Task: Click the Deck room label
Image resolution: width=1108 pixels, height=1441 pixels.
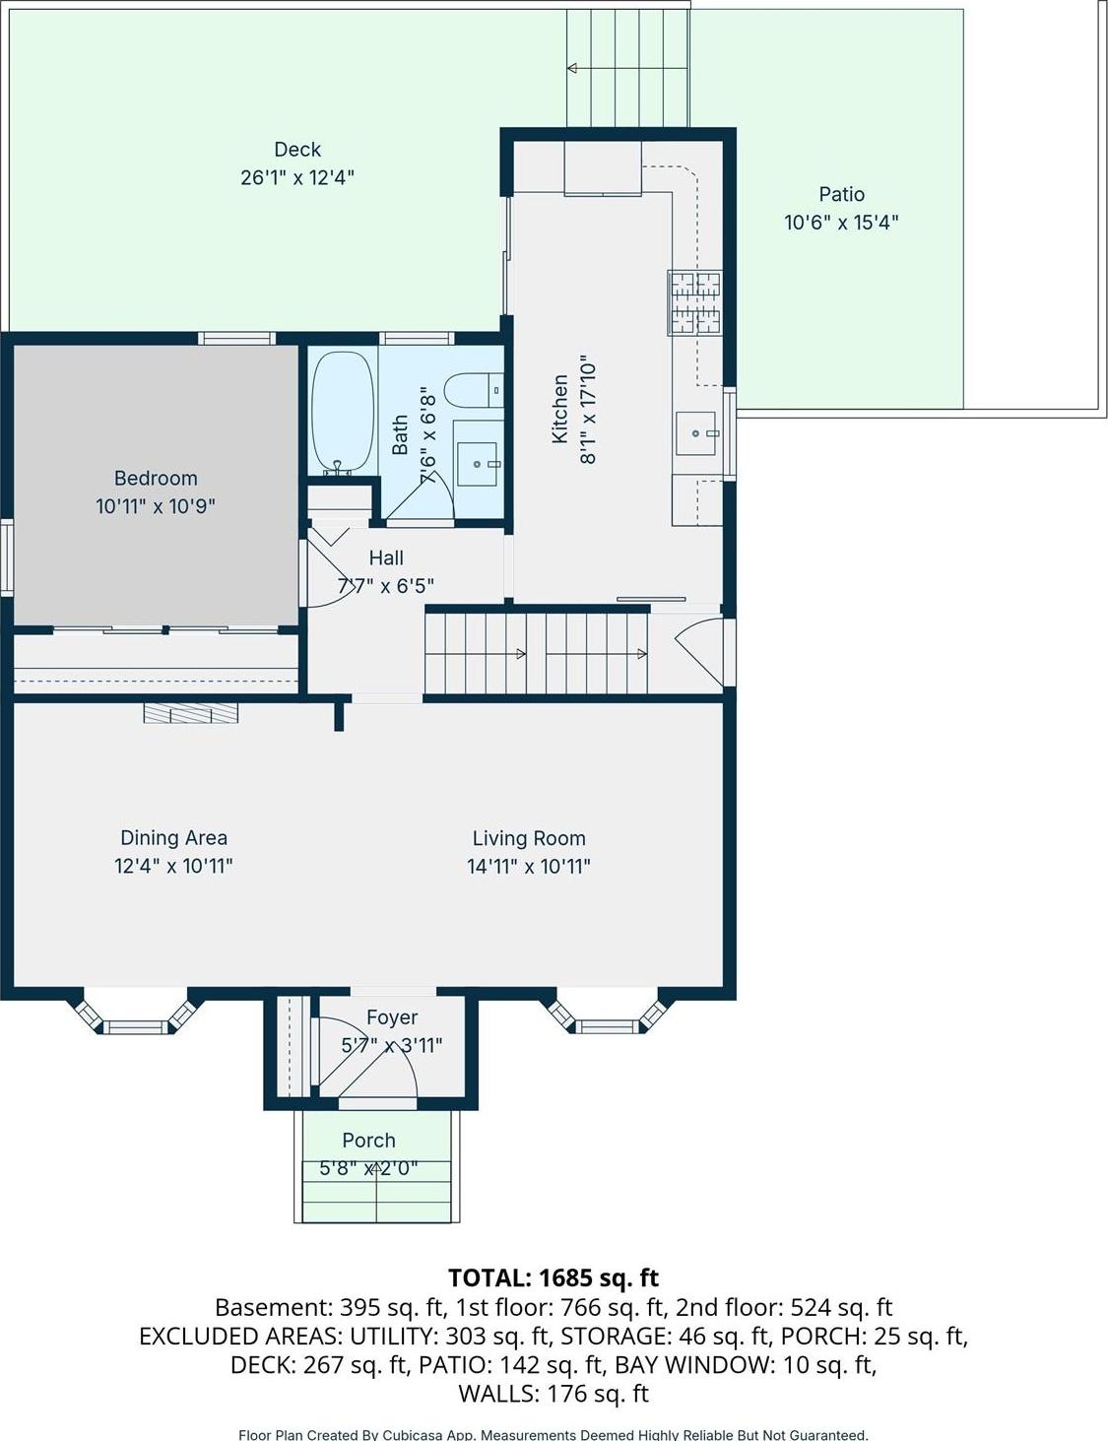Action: tap(297, 150)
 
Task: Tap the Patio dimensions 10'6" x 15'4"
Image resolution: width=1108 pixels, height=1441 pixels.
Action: tap(841, 223)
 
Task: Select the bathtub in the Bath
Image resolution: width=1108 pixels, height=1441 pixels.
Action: tap(342, 413)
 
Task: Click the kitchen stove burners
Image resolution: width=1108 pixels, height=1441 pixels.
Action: tap(695, 301)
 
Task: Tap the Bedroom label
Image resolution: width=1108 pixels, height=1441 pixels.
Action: tap(156, 479)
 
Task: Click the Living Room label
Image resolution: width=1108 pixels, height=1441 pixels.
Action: tap(529, 838)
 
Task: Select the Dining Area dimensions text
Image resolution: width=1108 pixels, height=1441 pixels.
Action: tap(173, 867)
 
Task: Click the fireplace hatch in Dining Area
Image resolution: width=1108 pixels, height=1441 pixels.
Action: tap(191, 712)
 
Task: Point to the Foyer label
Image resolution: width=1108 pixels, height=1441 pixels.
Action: tap(392, 1017)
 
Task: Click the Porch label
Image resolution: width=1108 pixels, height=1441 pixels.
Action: tap(368, 1141)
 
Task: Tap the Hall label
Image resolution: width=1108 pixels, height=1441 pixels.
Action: tap(386, 558)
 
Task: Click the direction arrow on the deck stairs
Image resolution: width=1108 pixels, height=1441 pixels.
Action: tap(571, 68)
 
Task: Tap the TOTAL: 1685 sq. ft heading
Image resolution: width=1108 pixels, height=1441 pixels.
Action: tap(553, 1277)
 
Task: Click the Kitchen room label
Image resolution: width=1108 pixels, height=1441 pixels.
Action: tap(559, 409)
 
